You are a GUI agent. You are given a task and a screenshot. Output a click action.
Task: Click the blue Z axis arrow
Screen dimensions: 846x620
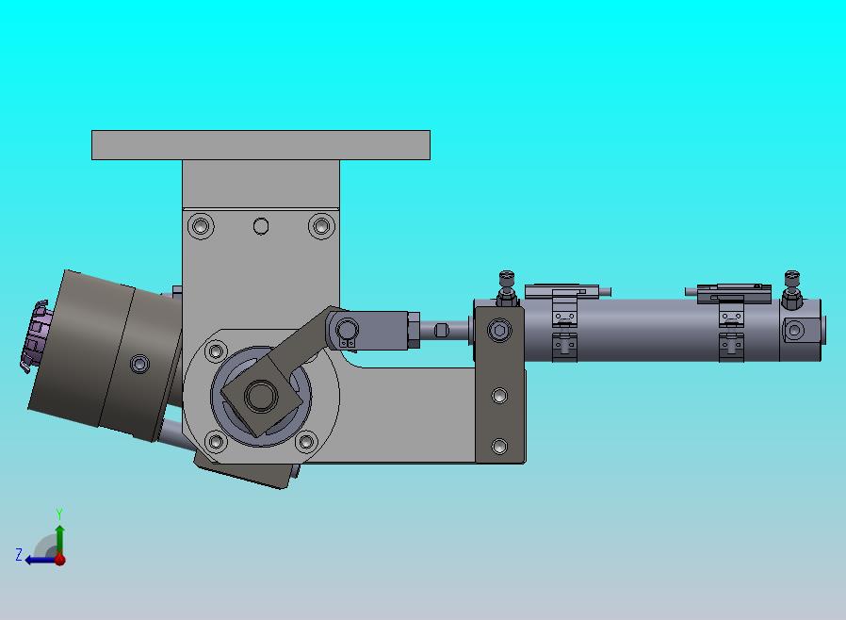click(x=41, y=560)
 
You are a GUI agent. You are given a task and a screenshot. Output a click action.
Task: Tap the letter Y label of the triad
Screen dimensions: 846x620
click(x=59, y=514)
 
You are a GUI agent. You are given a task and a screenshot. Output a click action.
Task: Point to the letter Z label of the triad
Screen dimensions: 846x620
click(x=19, y=555)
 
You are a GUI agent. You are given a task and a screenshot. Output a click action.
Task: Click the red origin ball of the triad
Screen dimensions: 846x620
click(x=60, y=560)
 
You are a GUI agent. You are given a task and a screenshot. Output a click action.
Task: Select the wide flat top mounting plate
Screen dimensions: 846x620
click(x=261, y=145)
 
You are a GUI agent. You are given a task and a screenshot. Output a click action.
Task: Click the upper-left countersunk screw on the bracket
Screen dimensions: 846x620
click(x=201, y=225)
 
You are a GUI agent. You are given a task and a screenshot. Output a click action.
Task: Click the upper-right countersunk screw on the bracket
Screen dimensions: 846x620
click(x=321, y=225)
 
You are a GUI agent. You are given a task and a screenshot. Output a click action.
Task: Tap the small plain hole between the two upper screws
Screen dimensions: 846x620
click(x=261, y=226)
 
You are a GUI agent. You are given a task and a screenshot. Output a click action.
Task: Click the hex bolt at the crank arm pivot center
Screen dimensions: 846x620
click(x=261, y=396)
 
